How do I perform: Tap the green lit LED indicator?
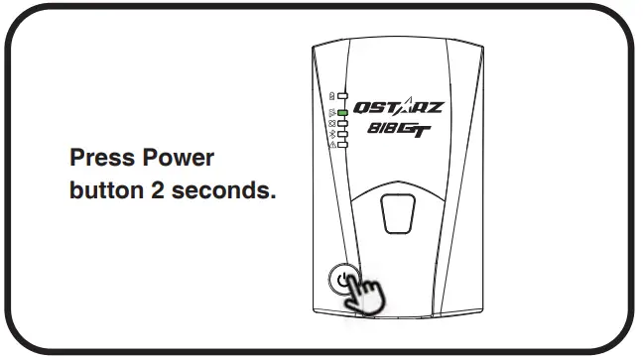pyautogui.click(x=342, y=114)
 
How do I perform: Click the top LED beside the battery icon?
pyautogui.click(x=342, y=97)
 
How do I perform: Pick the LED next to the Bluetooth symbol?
pyautogui.click(x=342, y=134)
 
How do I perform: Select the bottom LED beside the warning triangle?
pyautogui.click(x=342, y=144)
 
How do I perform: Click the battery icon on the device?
pyautogui.click(x=331, y=97)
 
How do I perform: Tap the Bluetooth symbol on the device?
pyautogui.click(x=331, y=134)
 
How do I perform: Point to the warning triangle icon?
pyautogui.click(x=331, y=144)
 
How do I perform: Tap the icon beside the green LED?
pyautogui.click(x=331, y=114)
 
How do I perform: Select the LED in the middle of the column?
pyautogui.click(x=342, y=124)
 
